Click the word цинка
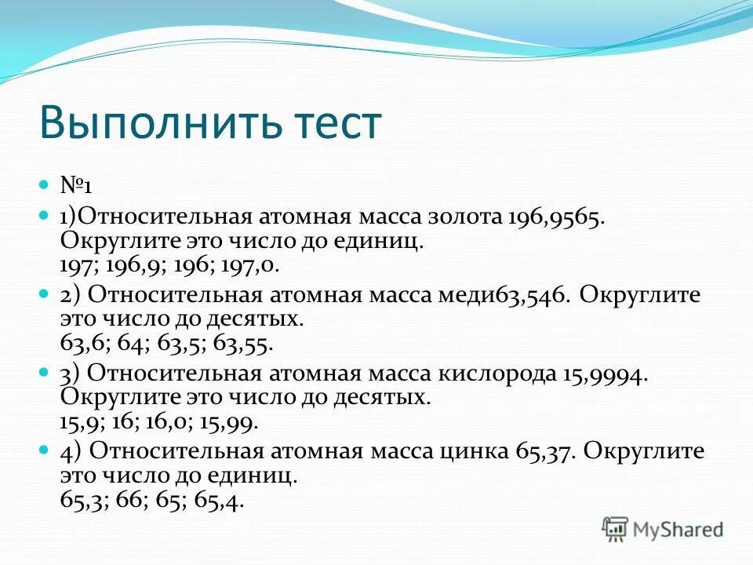pos(480,453)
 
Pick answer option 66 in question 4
pos(128,500)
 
